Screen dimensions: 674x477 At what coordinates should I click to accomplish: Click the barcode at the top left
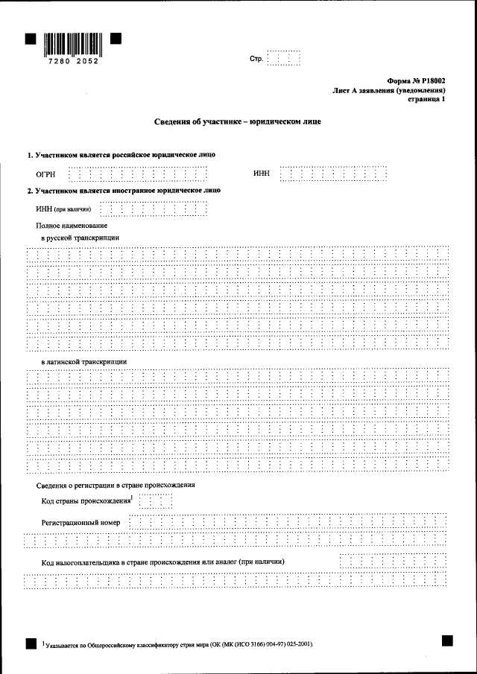(72, 44)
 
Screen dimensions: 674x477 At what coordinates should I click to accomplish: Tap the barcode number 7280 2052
(72, 61)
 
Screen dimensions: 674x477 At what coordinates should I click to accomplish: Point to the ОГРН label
(46, 174)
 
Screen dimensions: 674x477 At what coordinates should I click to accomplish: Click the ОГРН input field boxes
(137, 174)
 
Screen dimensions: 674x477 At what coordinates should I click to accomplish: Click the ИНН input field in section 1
(334, 174)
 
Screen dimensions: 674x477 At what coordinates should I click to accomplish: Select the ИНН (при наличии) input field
(152, 209)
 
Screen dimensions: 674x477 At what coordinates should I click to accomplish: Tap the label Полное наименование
(72, 225)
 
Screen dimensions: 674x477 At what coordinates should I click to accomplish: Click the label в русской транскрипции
(80, 238)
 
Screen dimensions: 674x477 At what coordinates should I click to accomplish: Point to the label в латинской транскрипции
(83, 361)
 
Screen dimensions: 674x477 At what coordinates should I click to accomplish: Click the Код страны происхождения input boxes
(155, 500)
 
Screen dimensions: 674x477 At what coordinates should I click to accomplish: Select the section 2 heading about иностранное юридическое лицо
(124, 191)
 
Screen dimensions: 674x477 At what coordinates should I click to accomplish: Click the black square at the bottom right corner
(446, 639)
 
